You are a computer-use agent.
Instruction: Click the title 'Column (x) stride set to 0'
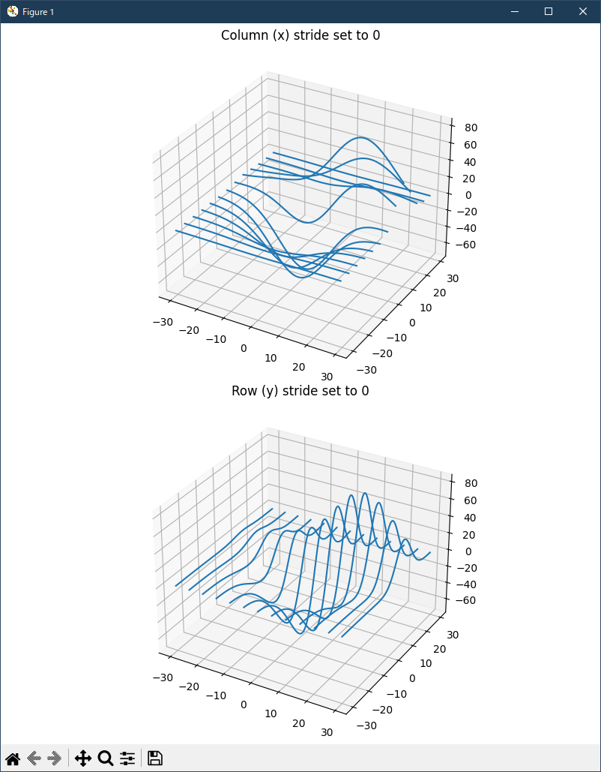(300, 35)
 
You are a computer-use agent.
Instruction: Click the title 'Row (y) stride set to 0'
(300, 391)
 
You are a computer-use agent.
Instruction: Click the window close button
(582, 11)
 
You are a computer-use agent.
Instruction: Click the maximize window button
(549, 11)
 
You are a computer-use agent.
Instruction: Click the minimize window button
(515, 11)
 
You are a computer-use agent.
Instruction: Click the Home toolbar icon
(13, 758)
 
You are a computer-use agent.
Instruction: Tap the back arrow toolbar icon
(34, 758)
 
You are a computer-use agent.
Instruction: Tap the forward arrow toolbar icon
(54, 758)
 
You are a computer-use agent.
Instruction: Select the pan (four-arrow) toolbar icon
(83, 758)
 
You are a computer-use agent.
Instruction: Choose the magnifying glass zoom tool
(106, 758)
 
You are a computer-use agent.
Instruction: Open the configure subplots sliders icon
(127, 758)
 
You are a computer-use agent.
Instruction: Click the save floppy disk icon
(155, 758)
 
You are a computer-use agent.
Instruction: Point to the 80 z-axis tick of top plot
(471, 128)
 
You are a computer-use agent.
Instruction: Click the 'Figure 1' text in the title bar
(38, 12)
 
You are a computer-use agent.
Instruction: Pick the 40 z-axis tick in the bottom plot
(471, 517)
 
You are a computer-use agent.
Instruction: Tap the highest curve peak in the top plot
(362, 137)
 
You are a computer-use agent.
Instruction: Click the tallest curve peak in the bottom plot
(365, 493)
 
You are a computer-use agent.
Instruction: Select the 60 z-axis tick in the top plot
(471, 145)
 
